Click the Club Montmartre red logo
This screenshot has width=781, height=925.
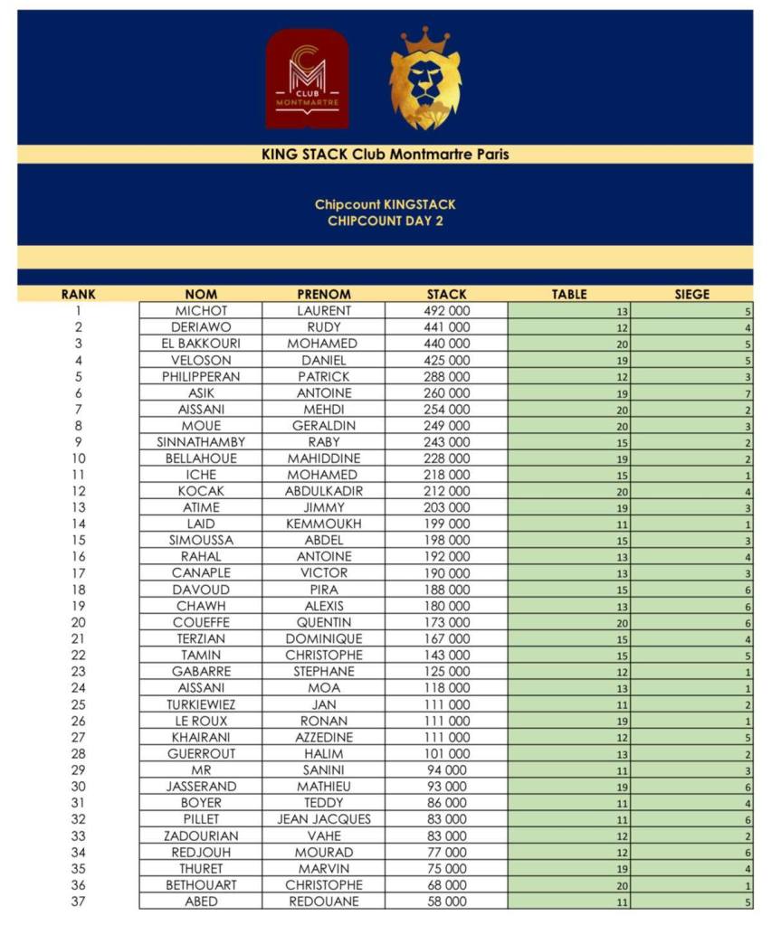[x=307, y=80]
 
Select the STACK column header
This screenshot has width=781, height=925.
[x=447, y=294]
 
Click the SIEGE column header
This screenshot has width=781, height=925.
[x=692, y=294]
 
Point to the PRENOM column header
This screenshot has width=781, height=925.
[x=323, y=294]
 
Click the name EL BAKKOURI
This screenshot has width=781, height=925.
[x=201, y=344]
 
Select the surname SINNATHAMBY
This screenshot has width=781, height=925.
[x=201, y=442]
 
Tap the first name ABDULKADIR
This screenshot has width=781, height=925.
[x=323, y=491]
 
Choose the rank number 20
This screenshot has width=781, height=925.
[x=79, y=622]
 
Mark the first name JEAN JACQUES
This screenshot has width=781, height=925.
[x=323, y=819]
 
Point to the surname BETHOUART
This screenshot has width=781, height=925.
[x=201, y=885]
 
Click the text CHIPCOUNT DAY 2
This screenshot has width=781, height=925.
[x=385, y=221]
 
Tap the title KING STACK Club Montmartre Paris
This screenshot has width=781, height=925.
[x=385, y=155]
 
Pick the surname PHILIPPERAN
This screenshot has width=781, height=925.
[x=201, y=376]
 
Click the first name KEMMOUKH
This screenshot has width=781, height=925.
[x=323, y=524]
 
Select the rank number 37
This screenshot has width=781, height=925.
[x=79, y=901]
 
